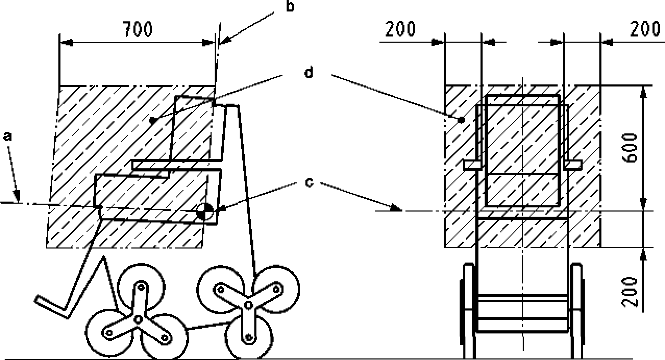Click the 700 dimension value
[x=138, y=30]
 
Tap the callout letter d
[x=309, y=73]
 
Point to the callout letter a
[x=7, y=136]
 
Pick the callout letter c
[x=309, y=183]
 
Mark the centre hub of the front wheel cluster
[x=138, y=318]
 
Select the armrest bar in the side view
[x=177, y=165]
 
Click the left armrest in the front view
[x=472, y=165]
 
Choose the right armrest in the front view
[x=573, y=165]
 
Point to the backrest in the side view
[x=193, y=128]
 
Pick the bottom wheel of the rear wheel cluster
[x=248, y=339]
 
